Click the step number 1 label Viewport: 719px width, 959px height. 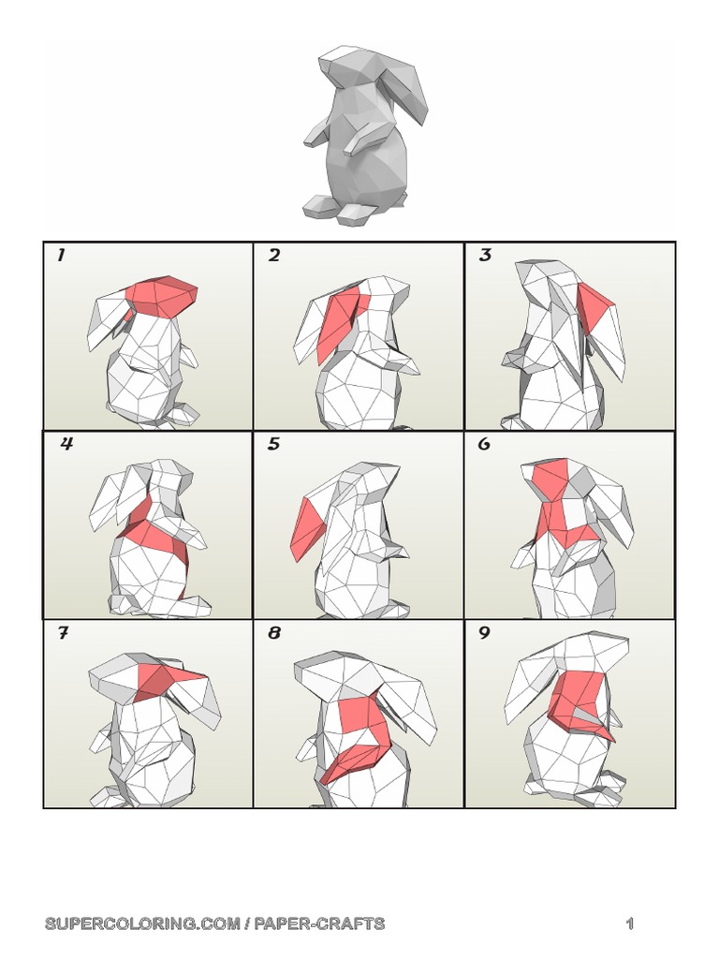pos(61,256)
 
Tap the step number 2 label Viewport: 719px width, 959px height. pos(274,256)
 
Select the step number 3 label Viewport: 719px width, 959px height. pos(485,256)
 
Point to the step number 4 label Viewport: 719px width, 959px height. pos(66,444)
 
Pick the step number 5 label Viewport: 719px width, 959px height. pos(274,444)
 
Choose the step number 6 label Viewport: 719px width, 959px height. pos(484,444)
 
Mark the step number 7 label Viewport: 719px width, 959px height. pos(63,633)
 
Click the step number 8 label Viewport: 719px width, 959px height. pos(274,633)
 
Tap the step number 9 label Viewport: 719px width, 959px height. pos(484,633)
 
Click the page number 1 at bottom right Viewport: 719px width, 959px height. pos(630,923)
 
